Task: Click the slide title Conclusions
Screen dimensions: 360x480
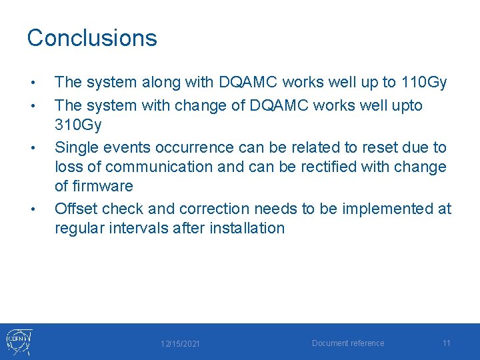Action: (92, 38)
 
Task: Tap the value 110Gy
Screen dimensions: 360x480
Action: (424, 83)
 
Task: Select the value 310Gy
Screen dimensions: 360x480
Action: (81, 125)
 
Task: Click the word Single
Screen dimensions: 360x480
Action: (76, 147)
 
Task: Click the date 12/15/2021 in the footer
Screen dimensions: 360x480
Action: (181, 344)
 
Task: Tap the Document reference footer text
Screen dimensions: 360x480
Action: (348, 343)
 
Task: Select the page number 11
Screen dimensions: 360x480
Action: (447, 343)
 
